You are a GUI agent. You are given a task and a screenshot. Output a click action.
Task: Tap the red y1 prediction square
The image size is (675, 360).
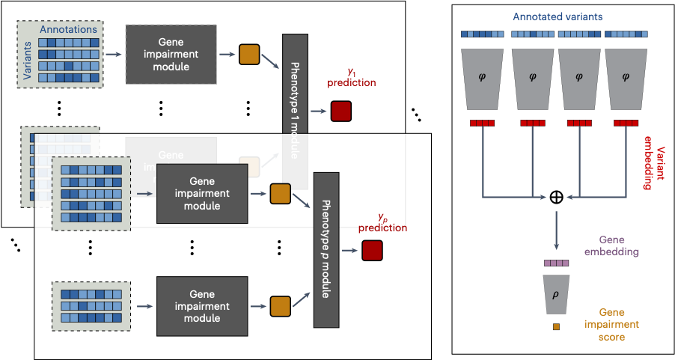point(340,111)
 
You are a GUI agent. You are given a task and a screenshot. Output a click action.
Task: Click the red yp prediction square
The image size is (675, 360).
point(372,251)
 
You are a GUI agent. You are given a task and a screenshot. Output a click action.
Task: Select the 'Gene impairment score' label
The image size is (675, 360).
point(611,325)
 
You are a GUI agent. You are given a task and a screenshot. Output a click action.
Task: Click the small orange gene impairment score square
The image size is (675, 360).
point(556,326)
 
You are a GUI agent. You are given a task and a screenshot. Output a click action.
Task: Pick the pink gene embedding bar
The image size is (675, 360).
point(555,263)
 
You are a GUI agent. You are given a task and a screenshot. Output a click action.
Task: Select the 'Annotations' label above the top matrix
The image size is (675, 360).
point(68,29)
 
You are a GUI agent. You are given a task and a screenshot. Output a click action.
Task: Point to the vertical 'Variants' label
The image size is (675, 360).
point(28,60)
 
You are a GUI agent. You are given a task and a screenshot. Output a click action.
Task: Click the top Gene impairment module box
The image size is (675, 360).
point(171,54)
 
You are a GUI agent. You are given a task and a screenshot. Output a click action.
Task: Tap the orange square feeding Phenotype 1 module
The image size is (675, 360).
point(248,54)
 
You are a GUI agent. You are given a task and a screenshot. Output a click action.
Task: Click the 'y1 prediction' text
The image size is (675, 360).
point(351,77)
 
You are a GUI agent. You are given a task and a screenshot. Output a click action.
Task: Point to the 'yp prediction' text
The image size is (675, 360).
point(382,222)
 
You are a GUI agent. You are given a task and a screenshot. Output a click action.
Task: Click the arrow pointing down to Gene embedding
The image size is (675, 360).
point(556,232)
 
